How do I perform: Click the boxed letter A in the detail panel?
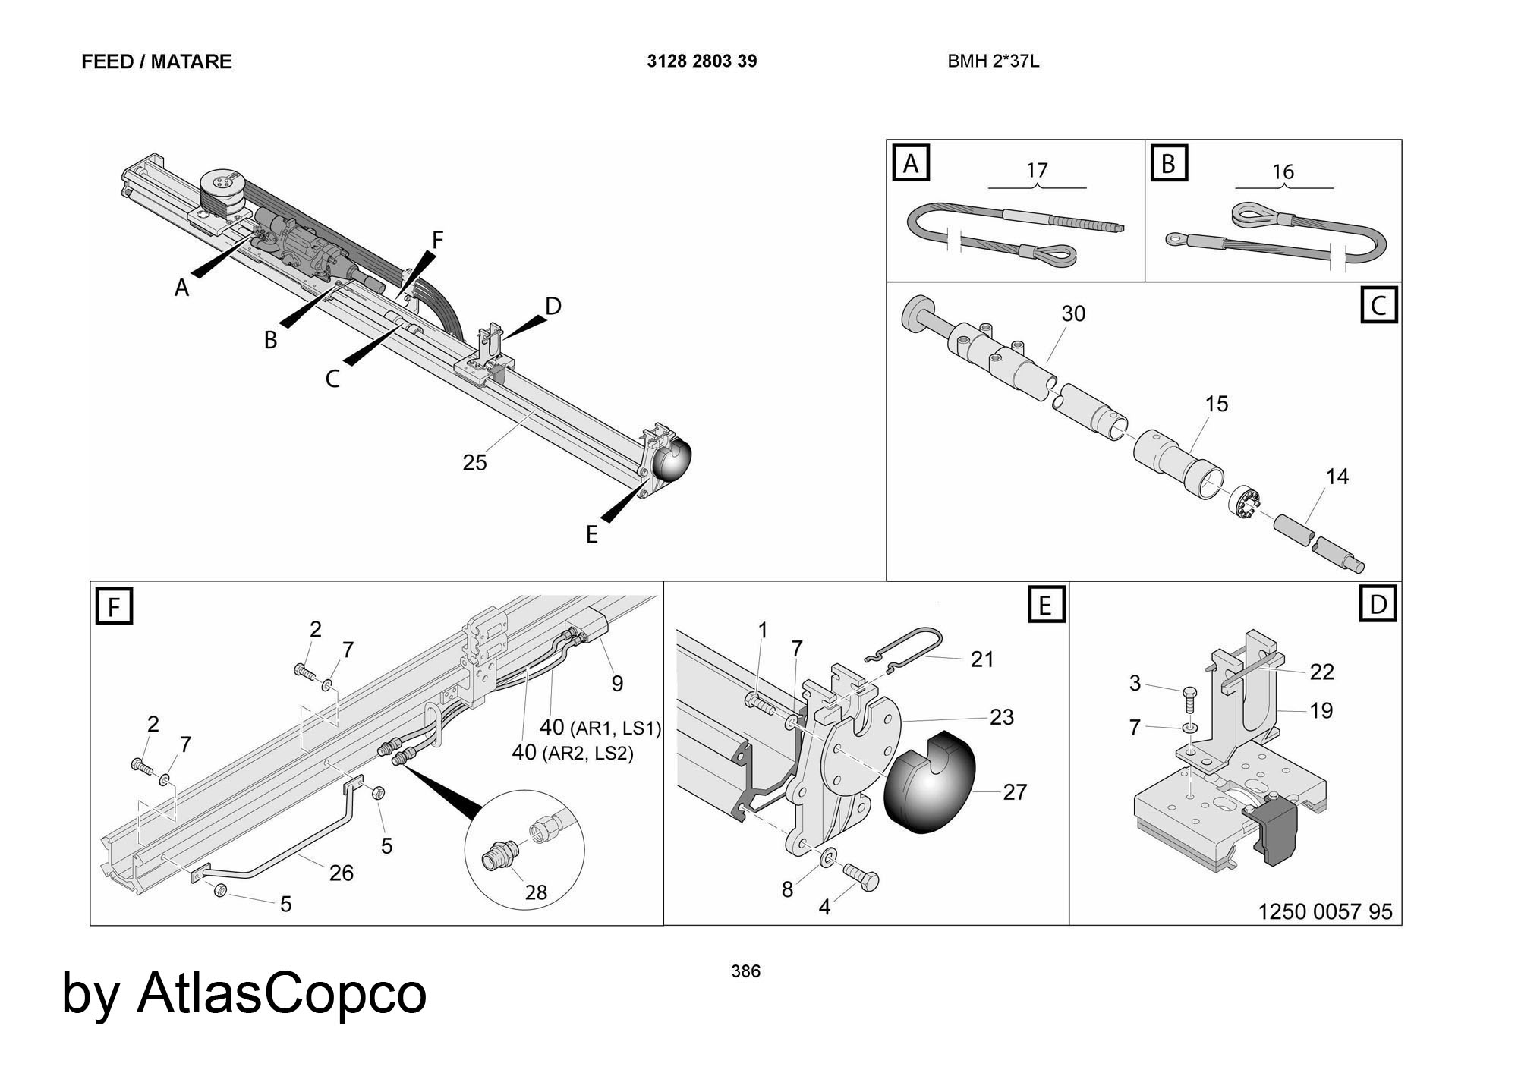(x=912, y=163)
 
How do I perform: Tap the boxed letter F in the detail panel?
(x=115, y=608)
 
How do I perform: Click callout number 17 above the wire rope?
(x=1037, y=170)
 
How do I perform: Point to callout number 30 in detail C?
(x=1073, y=313)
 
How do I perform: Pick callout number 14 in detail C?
(x=1337, y=477)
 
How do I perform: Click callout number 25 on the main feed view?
(x=474, y=462)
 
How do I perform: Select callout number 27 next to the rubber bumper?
(x=1015, y=792)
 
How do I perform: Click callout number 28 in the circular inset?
(x=536, y=892)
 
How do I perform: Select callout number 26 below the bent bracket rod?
(x=341, y=873)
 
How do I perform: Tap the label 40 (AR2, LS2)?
(x=572, y=753)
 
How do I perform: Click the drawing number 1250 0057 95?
(x=1325, y=911)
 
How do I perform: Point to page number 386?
(x=745, y=971)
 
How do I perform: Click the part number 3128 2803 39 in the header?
(x=701, y=61)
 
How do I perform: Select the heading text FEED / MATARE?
(x=156, y=61)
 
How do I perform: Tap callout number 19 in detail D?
(x=1321, y=710)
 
